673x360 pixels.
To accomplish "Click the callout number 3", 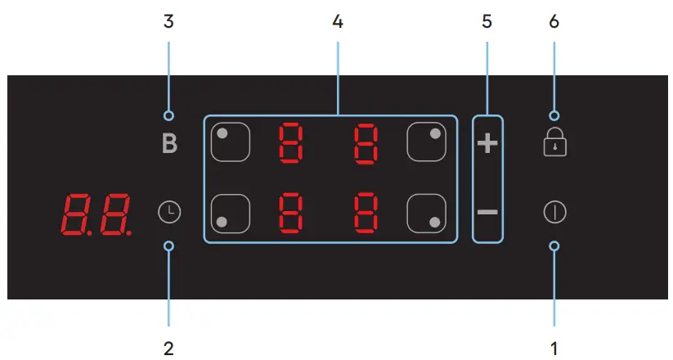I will [168, 22].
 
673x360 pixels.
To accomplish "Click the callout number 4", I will [338, 22].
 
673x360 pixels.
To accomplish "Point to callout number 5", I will [487, 22].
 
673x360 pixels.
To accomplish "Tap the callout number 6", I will [554, 22].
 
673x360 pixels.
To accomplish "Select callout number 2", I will [168, 348].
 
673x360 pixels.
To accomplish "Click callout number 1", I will [554, 348].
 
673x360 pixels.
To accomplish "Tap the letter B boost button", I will [168, 145].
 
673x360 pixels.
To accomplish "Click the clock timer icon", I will [168, 213].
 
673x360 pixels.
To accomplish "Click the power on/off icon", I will [554, 213].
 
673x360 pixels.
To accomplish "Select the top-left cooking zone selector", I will [230, 142].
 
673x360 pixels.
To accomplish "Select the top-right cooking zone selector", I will [426, 142].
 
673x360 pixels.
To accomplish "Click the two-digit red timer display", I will [96, 214].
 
